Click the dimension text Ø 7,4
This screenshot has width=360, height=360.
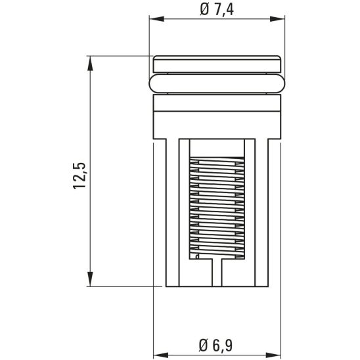point(217,11)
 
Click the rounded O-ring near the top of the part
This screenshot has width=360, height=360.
point(217,83)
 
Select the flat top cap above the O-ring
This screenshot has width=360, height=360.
point(217,64)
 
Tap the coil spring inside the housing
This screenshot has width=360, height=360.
point(217,207)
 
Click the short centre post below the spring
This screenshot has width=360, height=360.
point(217,273)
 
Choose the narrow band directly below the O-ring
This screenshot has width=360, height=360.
point(217,102)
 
